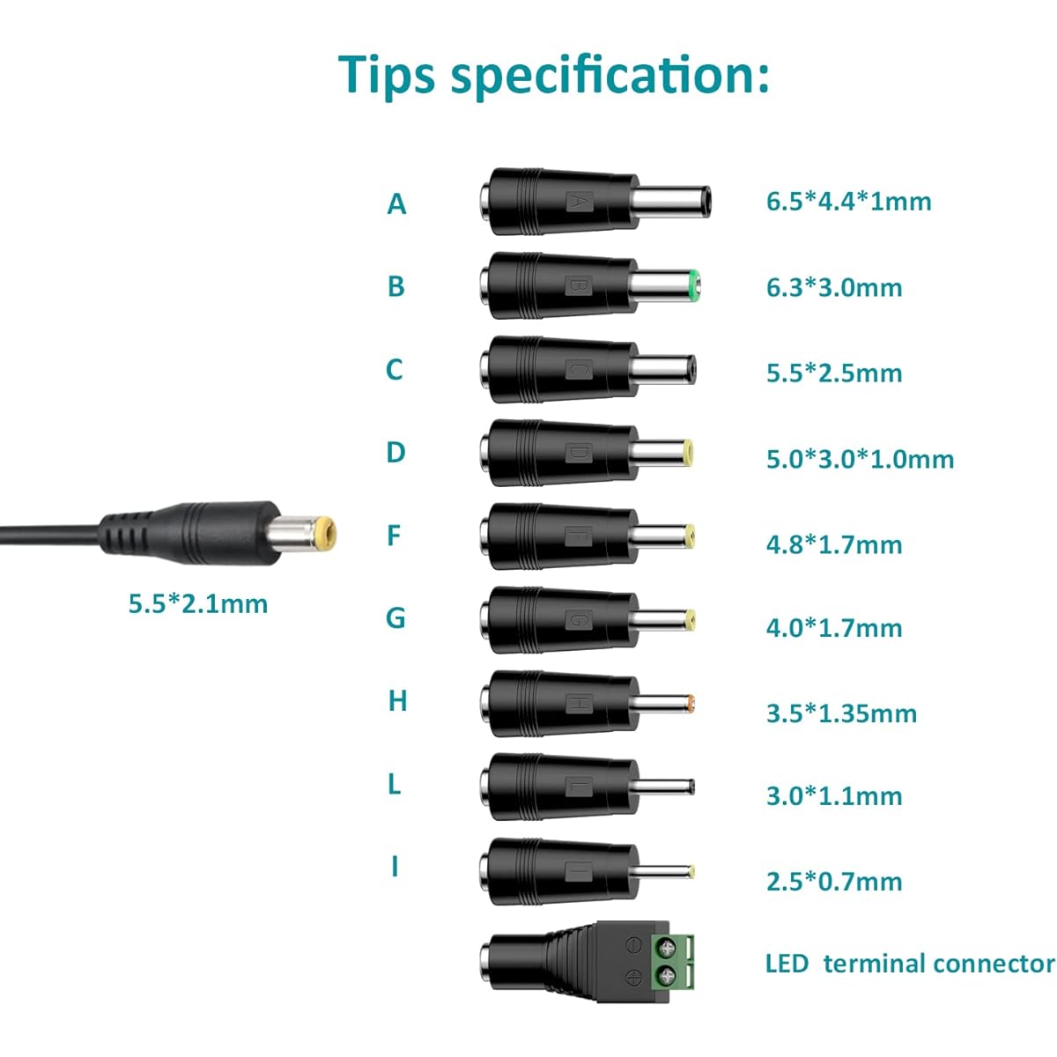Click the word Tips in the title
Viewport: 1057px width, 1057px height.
coord(387,76)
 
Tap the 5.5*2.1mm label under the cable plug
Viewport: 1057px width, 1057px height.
coord(198,604)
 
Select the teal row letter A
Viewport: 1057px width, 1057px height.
coord(396,204)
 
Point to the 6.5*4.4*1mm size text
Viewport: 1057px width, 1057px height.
coord(848,202)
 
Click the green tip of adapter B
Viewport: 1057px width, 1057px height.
coord(694,285)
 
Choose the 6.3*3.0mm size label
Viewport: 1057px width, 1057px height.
coord(834,287)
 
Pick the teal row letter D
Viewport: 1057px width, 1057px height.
coord(395,453)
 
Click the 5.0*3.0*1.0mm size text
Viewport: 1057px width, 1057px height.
coord(860,459)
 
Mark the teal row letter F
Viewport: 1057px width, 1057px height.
coord(394,536)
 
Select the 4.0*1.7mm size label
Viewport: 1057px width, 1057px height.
coord(834,628)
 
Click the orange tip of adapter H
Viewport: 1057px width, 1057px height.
coord(691,703)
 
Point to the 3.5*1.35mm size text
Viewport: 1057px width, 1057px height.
coord(841,713)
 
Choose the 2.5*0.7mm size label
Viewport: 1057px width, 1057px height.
coord(834,882)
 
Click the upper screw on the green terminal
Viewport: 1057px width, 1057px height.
coord(668,947)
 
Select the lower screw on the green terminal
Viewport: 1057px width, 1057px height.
coord(668,976)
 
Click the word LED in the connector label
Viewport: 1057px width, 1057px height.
coord(787,964)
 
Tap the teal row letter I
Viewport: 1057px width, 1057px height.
coord(395,867)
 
